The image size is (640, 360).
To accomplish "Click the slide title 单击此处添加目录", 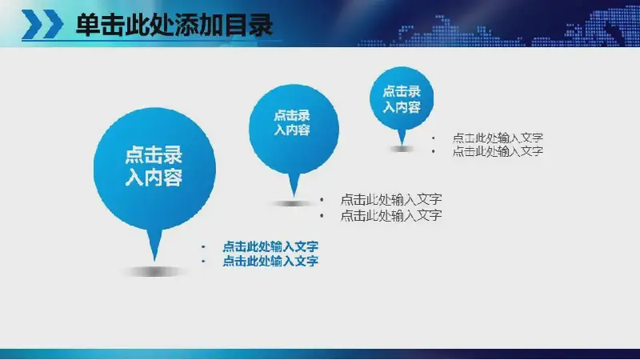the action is pyautogui.click(x=174, y=26).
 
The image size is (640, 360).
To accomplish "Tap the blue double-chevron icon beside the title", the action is pyautogui.click(x=42, y=25).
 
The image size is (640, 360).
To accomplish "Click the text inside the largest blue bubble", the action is pyautogui.click(x=154, y=166).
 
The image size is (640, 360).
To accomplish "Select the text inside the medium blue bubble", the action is pyautogui.click(x=292, y=122).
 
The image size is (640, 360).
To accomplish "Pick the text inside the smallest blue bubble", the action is pyautogui.click(x=402, y=99).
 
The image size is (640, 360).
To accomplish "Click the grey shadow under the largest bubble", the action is pyautogui.click(x=154, y=271).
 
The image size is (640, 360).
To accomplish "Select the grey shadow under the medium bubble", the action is pyautogui.click(x=293, y=203).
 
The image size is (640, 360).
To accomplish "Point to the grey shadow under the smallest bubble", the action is pyautogui.click(x=402, y=149).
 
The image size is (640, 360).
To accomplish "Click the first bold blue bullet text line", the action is pyautogui.click(x=270, y=246).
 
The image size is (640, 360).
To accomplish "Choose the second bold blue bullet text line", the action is pyautogui.click(x=270, y=261).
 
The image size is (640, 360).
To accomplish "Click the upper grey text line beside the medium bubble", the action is pyautogui.click(x=391, y=199).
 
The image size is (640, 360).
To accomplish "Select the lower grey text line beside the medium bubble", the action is pyautogui.click(x=391, y=215).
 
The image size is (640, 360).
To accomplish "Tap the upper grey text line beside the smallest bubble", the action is pyautogui.click(x=498, y=138).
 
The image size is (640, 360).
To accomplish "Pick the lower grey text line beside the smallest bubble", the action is pyautogui.click(x=498, y=151).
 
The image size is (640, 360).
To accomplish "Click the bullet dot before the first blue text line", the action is pyautogui.click(x=203, y=246).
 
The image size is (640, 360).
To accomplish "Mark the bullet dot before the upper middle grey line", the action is pyautogui.click(x=322, y=199).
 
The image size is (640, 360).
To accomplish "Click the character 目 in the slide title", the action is pyautogui.click(x=235, y=26).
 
